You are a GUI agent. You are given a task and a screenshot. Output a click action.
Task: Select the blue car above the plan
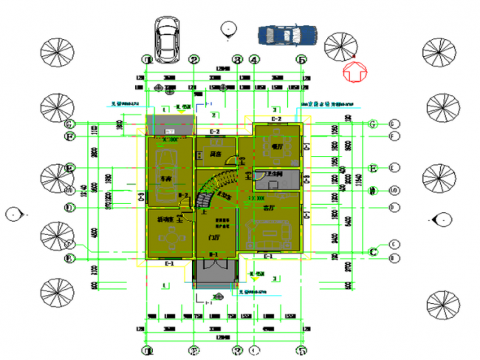click(287, 35)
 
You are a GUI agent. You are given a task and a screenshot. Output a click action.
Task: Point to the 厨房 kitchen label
click(215, 154)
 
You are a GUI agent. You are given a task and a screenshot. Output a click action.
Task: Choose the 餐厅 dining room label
click(278, 147)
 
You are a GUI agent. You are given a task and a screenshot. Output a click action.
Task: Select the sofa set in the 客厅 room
click(274, 235)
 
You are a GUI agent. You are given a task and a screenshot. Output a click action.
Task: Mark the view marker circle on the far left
click(13, 214)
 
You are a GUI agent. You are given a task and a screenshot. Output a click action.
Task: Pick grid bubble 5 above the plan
click(301, 60)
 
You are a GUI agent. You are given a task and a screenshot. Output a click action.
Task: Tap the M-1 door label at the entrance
click(213, 256)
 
